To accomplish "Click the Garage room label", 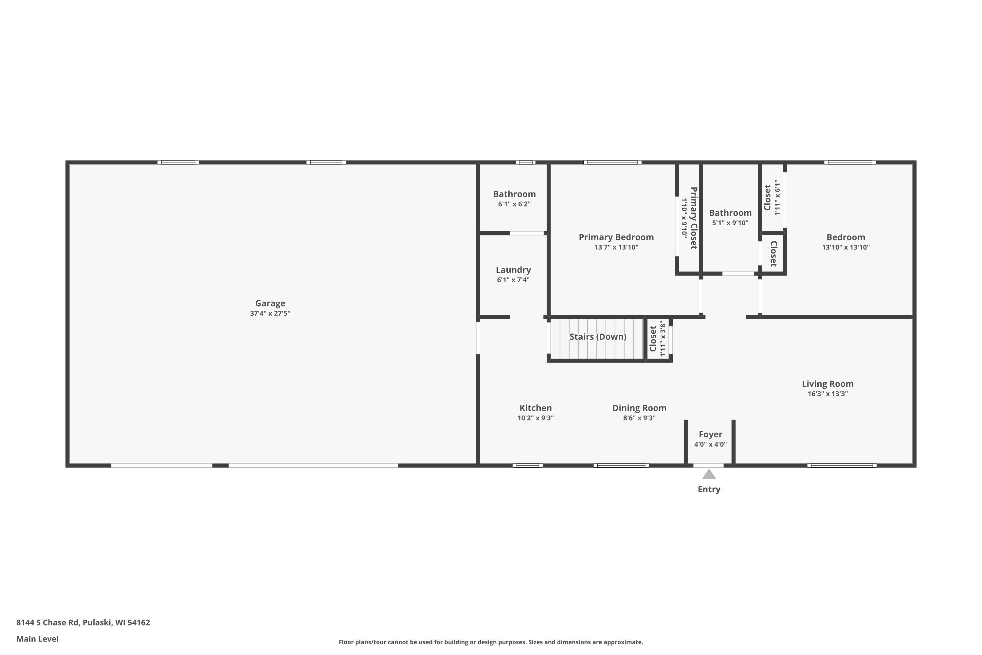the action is click(x=270, y=303).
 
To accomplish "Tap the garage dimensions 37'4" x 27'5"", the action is click(x=270, y=313).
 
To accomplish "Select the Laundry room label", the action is click(x=513, y=270).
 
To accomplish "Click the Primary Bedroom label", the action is click(x=616, y=237).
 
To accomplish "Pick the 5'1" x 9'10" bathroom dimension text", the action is click(x=730, y=223).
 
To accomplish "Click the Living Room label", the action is click(x=827, y=384).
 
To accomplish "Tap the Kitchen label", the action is click(x=536, y=408).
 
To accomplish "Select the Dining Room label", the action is click(x=639, y=408).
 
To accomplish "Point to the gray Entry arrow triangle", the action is click(x=709, y=474).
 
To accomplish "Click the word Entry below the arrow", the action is click(x=709, y=489).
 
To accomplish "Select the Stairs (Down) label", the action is click(x=598, y=337).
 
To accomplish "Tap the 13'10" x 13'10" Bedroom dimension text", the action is click(x=846, y=247).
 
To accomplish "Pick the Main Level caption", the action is click(x=38, y=639).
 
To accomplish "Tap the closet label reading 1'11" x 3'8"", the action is click(x=662, y=339).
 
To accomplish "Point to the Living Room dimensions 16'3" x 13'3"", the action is click(x=827, y=394).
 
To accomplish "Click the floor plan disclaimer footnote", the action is click(x=491, y=642).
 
